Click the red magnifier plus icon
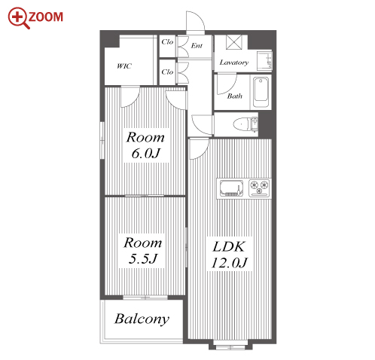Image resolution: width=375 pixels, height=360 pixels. coord(17,17)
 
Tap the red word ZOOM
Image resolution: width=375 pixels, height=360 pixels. coord(45,17)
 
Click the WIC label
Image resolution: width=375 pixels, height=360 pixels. coord(124,66)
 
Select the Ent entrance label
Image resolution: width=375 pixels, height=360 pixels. coord(197,45)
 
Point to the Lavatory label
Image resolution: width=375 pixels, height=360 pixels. coord(234,63)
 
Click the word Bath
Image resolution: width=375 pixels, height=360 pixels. coord(235,96)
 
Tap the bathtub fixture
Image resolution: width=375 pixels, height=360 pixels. coord(261,93)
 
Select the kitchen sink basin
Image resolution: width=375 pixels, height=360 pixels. coord(231,188)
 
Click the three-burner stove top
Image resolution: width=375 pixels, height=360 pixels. coord(259,188)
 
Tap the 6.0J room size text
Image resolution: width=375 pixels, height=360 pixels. coord(145,153)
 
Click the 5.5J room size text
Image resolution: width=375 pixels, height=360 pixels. coord(143,258)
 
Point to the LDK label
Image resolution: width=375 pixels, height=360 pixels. coord(228,246)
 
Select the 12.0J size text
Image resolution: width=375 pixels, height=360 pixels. coord(230,263)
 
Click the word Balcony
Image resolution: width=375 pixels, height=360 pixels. coord(142,319)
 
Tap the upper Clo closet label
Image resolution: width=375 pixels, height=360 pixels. coord(167,41)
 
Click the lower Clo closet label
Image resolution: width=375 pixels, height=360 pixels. coord(167,72)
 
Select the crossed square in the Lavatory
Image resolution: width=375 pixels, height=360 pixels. coord(234,42)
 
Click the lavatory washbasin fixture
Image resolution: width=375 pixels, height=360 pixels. coord(264,61)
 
